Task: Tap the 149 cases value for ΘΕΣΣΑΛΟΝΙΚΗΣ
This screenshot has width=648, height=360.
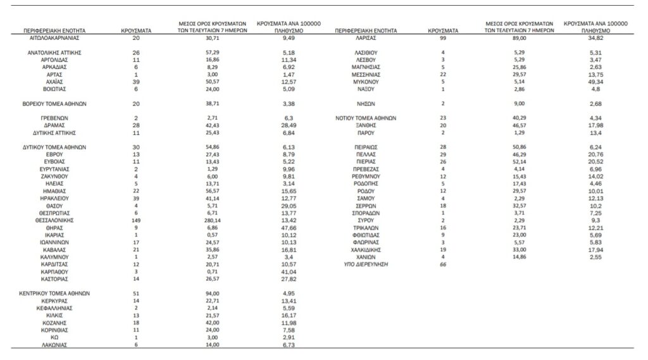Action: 135,221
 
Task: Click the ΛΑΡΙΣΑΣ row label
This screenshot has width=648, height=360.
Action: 366,38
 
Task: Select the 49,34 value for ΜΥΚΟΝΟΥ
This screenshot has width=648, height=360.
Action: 594,82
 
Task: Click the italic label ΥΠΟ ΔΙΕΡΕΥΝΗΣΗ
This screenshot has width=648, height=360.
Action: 366,264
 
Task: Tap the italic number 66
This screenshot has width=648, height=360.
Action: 443,264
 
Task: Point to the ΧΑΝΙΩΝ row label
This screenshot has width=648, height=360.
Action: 366,257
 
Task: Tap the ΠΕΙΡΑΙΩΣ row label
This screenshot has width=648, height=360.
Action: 366,147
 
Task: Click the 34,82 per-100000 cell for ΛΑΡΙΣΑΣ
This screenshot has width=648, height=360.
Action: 594,38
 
